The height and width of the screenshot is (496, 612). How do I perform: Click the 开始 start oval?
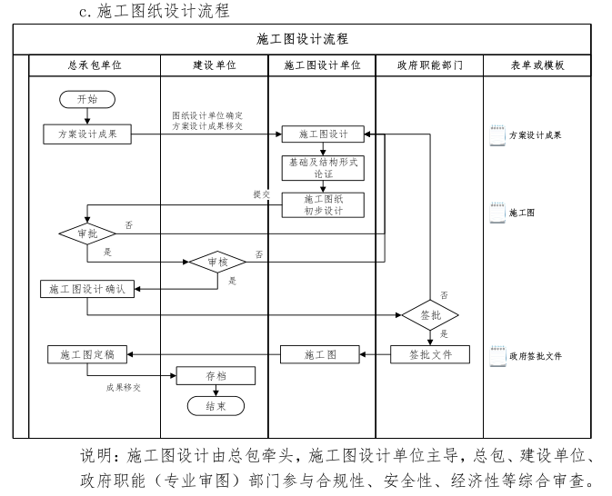tap(87, 99)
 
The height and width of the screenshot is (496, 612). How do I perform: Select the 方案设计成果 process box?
tap(87, 134)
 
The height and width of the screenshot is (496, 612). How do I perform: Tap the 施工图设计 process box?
tap(323, 134)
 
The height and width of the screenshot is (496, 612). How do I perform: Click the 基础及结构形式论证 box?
tap(323, 168)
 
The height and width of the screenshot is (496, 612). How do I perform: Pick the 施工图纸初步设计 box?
tap(323, 204)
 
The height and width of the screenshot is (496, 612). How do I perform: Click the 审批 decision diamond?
tap(87, 233)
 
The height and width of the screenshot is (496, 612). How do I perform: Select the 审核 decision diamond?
tap(217, 262)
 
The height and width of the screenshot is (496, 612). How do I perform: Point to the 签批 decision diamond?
tap(430, 315)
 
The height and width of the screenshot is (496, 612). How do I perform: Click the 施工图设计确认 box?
tap(87, 289)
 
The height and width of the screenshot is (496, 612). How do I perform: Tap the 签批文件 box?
tap(430, 354)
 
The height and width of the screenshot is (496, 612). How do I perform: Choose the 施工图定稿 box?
tap(87, 354)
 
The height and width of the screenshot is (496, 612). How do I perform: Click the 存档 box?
tap(216, 376)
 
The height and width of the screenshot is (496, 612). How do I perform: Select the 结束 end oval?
tap(216, 406)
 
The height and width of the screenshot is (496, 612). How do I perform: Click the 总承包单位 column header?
tap(95, 66)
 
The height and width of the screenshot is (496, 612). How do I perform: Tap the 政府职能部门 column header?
tap(430, 66)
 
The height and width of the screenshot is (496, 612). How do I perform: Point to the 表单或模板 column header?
tap(537, 66)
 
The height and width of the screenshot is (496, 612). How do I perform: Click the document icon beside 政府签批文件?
tap(497, 356)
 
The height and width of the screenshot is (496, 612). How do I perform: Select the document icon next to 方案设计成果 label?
tap(497, 134)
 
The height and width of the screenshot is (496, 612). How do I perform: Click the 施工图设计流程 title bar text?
tap(303, 39)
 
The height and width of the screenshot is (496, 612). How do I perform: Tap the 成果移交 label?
tap(124, 387)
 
